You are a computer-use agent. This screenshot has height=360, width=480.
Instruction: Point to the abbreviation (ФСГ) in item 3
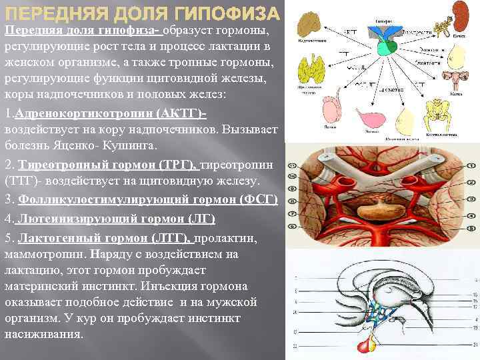point(257,199)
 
